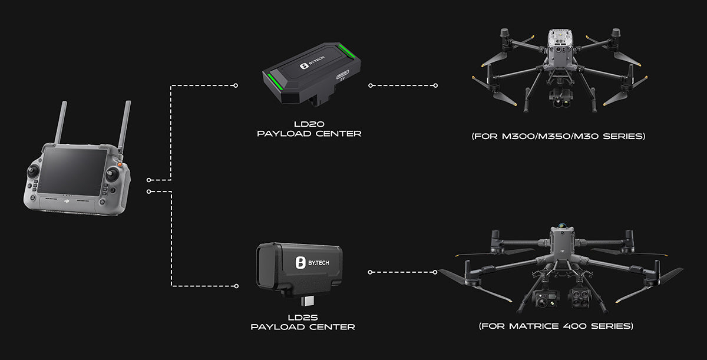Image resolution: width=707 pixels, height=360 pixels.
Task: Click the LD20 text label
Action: pos(309,124)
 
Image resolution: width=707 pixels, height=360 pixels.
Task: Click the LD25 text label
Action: pos(303,318)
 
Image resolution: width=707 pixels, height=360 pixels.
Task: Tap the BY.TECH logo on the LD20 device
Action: pos(312,62)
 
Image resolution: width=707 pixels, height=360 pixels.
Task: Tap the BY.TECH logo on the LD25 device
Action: pos(312,262)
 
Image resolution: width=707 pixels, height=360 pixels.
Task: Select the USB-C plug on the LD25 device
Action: pos(308,301)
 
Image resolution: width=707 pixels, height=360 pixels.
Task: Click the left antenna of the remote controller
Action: pos(60,123)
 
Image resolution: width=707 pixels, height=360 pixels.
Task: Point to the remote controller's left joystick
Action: pos(33,171)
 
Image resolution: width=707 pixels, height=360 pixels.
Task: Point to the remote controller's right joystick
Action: pos(112,174)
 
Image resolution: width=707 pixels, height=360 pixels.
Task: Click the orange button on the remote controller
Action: pos(120,164)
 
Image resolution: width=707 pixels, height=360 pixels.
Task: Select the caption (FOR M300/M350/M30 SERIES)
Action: pos(558,136)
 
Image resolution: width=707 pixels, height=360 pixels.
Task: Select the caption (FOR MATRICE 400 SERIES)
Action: pos(556,326)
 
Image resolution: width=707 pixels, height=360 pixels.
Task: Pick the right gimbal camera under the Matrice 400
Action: pos(578,297)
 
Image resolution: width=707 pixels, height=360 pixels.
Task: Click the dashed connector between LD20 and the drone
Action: pos(403,85)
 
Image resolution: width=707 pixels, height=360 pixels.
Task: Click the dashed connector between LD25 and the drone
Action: pos(403,272)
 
